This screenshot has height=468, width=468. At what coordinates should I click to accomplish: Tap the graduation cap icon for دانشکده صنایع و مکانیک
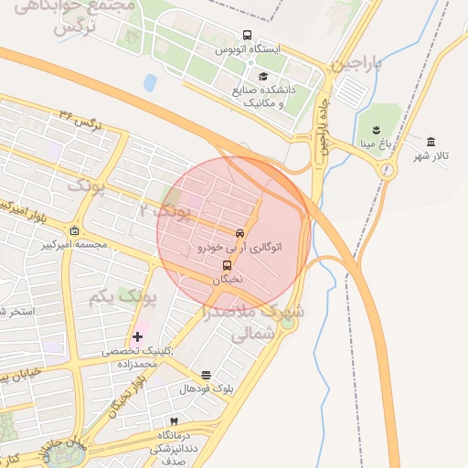(x=263, y=77)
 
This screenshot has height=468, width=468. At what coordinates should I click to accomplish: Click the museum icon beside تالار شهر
(x=431, y=141)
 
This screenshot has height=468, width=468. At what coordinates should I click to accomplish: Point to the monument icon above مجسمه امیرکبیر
(x=74, y=230)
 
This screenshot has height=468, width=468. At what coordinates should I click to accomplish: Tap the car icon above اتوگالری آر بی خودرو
(x=239, y=233)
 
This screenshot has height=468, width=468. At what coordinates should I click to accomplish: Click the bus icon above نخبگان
(x=228, y=265)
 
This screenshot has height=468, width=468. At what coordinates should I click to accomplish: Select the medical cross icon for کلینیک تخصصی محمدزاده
(x=138, y=337)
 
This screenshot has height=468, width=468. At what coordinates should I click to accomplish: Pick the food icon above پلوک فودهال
(x=206, y=374)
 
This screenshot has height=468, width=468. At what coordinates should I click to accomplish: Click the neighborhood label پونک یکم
(x=124, y=297)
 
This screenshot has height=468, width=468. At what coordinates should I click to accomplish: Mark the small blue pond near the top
(x=150, y=82)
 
